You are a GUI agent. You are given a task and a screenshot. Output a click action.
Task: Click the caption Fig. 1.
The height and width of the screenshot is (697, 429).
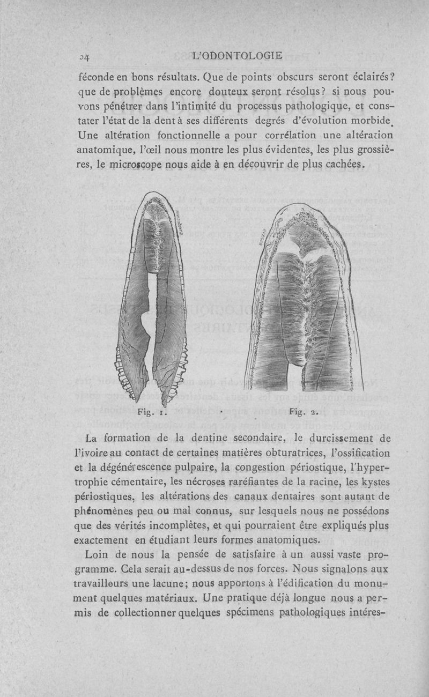(x=154, y=412)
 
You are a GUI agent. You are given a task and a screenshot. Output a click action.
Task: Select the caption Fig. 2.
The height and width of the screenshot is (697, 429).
(x=305, y=412)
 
